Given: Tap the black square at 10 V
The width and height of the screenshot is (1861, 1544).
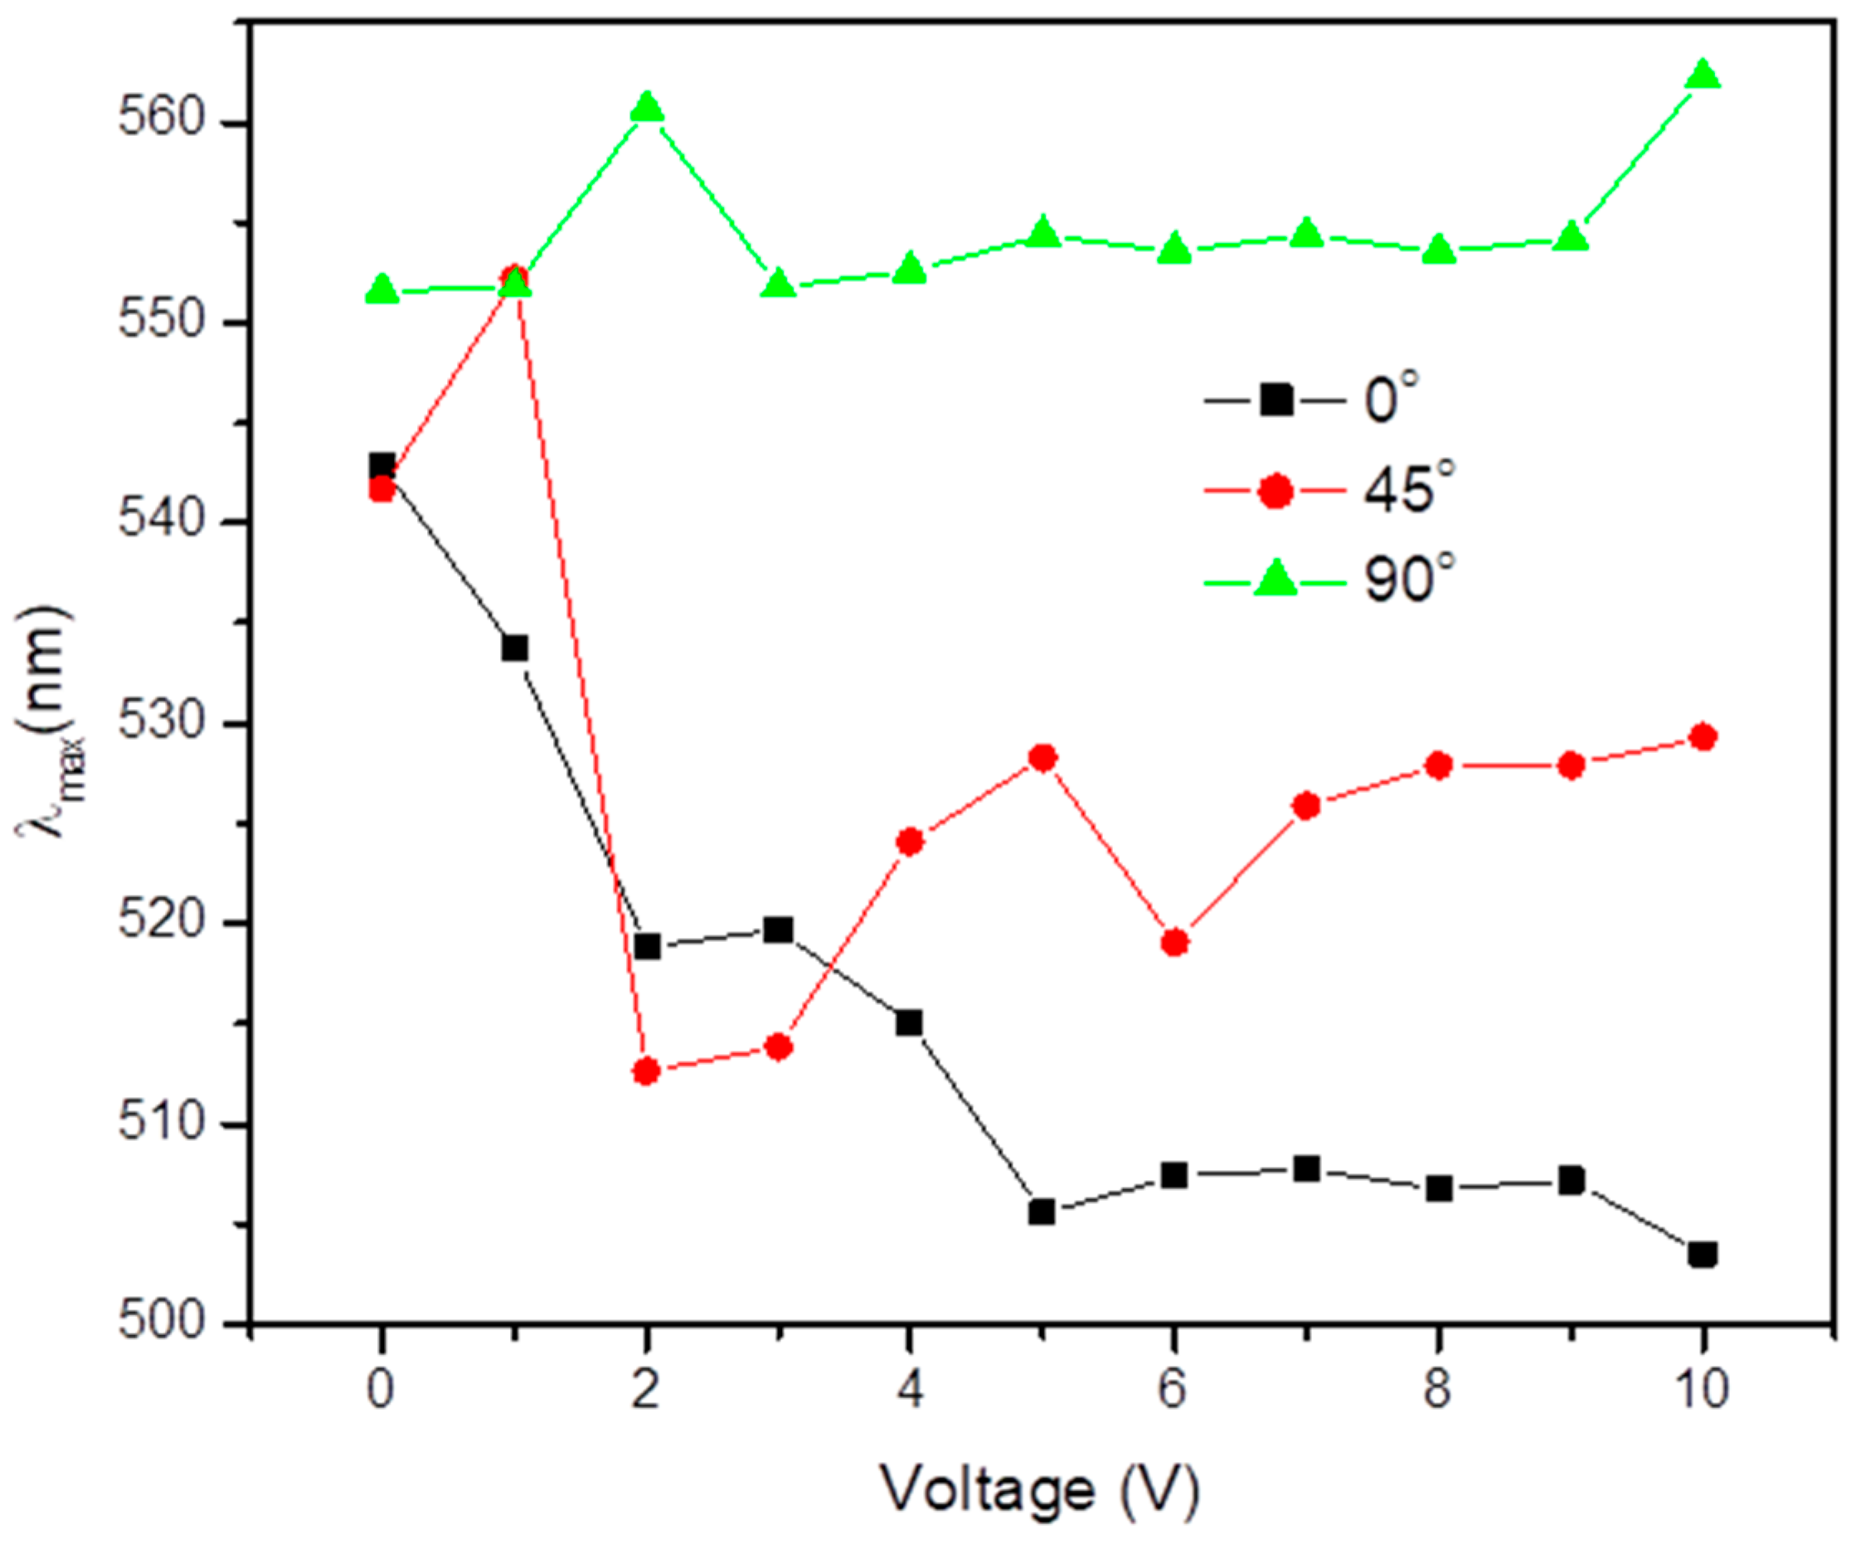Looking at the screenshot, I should pyautogui.click(x=1702, y=1255).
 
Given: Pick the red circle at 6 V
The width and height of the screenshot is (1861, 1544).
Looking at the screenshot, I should pyautogui.click(x=1174, y=943).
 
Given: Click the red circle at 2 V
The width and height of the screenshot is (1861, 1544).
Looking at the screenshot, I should pyautogui.click(x=647, y=1071).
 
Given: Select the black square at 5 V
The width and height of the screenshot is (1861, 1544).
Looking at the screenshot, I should pyautogui.click(x=1042, y=1211).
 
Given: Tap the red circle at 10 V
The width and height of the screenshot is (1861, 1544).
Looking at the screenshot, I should pyautogui.click(x=1702, y=737).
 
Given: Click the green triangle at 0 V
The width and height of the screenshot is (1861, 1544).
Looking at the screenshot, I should pyautogui.click(x=382, y=289).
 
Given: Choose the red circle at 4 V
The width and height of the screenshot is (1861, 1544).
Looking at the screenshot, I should pyautogui.click(x=910, y=842).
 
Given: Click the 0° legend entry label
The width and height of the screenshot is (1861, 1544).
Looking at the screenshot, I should pyautogui.click(x=1392, y=400).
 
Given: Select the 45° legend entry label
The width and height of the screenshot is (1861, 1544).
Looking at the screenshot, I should pyautogui.click(x=1408, y=489).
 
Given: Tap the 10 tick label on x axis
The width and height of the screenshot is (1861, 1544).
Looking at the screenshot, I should pyautogui.click(x=1702, y=1389).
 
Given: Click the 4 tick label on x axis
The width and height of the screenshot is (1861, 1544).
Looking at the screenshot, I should pyautogui.click(x=910, y=1389).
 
